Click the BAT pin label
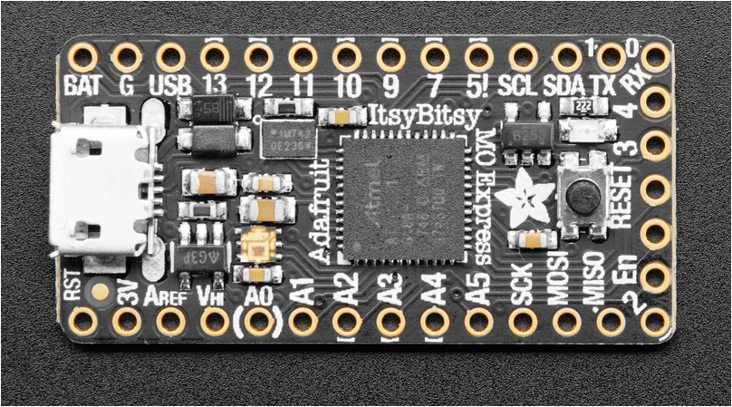coord(82,86)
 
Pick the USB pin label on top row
coord(169,86)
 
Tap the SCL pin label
coord(523,86)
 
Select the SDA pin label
coord(566,86)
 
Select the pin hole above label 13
coord(214,57)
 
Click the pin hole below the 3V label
coord(127,321)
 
